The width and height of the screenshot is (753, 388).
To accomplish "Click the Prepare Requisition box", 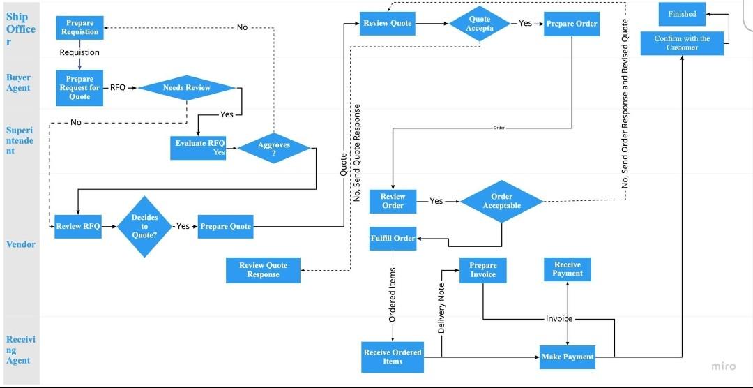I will click(x=79, y=28).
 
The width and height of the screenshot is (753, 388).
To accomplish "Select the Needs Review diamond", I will click(x=187, y=88).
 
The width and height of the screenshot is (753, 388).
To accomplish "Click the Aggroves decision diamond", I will click(x=273, y=149).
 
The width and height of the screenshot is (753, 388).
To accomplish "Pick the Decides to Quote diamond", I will click(x=144, y=226).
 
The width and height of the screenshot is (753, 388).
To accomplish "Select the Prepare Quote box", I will click(x=225, y=226).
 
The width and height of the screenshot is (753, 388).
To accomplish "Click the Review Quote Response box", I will click(x=263, y=270).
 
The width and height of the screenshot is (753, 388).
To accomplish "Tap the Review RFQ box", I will click(x=78, y=226).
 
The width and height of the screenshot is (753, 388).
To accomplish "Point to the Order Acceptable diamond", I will click(x=501, y=201).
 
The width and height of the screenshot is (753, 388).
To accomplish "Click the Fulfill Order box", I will click(x=393, y=238).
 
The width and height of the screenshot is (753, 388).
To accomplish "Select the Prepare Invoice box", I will click(x=482, y=270).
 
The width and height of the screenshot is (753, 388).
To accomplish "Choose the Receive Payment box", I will click(x=567, y=269).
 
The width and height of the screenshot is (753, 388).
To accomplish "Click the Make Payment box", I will click(x=567, y=357).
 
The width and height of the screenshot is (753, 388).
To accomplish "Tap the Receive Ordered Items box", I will click(x=393, y=357).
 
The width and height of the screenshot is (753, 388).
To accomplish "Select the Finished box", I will click(x=682, y=14).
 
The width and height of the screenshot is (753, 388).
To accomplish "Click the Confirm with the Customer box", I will click(x=681, y=43).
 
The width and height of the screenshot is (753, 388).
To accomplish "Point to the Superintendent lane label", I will click(x=20, y=140).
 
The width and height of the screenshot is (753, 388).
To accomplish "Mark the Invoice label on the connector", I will click(x=558, y=319).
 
